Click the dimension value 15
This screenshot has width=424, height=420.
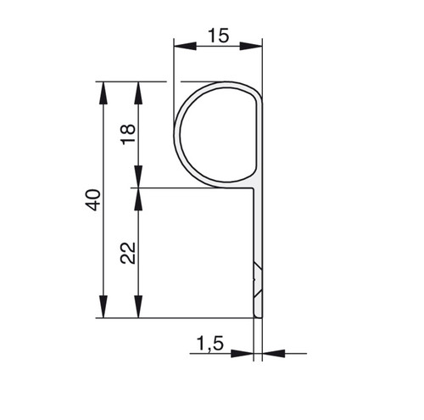coord(218,36)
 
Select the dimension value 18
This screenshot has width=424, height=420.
coord(128,134)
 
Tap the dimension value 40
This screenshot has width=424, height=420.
coord(93,200)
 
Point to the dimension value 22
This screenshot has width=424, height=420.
coord(128,253)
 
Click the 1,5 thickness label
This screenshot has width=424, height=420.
coord(210,344)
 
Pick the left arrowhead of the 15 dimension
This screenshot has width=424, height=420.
coord(185,46)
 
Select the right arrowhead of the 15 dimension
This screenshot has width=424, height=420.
coord(251,46)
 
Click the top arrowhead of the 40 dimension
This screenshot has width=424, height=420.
coord(103,93)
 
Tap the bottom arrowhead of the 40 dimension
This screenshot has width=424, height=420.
coord(103,306)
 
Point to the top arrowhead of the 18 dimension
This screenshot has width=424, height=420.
coord(138,93)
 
